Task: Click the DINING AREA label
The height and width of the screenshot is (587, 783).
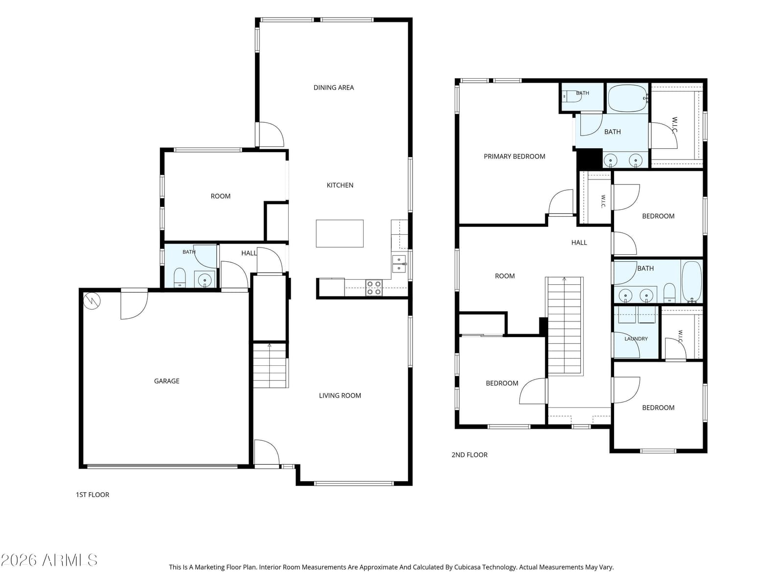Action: [333, 88]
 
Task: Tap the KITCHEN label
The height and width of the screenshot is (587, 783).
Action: [340, 185]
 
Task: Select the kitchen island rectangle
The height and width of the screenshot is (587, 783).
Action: [339, 233]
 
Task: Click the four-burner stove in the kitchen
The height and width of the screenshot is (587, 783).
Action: [373, 287]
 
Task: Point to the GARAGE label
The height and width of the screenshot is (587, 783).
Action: [166, 381]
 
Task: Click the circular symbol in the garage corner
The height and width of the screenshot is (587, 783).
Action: [92, 301]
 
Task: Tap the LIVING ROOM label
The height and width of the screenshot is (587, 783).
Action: [340, 395]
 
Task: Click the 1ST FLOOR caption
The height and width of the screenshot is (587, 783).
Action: [92, 495]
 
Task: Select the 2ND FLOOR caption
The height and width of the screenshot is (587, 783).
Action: [469, 454]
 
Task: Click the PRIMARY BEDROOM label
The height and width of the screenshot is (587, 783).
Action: [514, 156]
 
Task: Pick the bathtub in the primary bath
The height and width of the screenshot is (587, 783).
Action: [627, 98]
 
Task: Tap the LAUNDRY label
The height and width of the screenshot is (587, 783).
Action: [636, 339]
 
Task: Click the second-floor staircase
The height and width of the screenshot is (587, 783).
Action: [564, 326]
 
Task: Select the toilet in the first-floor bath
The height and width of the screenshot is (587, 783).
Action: [180, 277]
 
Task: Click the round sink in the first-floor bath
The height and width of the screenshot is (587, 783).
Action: [205, 279]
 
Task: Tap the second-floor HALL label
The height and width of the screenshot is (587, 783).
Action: [578, 242]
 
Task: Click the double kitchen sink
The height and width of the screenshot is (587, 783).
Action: [398, 263]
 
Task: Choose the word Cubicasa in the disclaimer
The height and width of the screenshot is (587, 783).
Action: [467, 566]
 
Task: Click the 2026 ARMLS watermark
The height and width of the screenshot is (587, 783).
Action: [49, 560]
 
